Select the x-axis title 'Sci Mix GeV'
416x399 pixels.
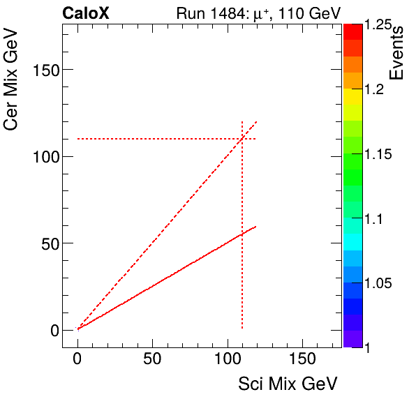tap(288, 383)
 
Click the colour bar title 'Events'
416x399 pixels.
tap(398, 54)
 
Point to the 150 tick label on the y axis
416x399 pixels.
tap(46, 70)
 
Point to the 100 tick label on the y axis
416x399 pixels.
tap(46, 156)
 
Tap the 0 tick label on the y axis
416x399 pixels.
tap(54, 330)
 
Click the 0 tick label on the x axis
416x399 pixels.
tap(77, 359)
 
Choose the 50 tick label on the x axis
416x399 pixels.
tap(152, 359)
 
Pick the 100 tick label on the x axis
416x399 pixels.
tap(227, 359)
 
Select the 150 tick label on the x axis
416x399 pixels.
tap(302, 359)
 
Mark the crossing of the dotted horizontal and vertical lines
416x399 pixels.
tap(242, 139)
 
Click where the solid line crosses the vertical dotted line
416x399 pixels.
tap(242, 234)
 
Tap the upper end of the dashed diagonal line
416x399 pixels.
tap(257, 121)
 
